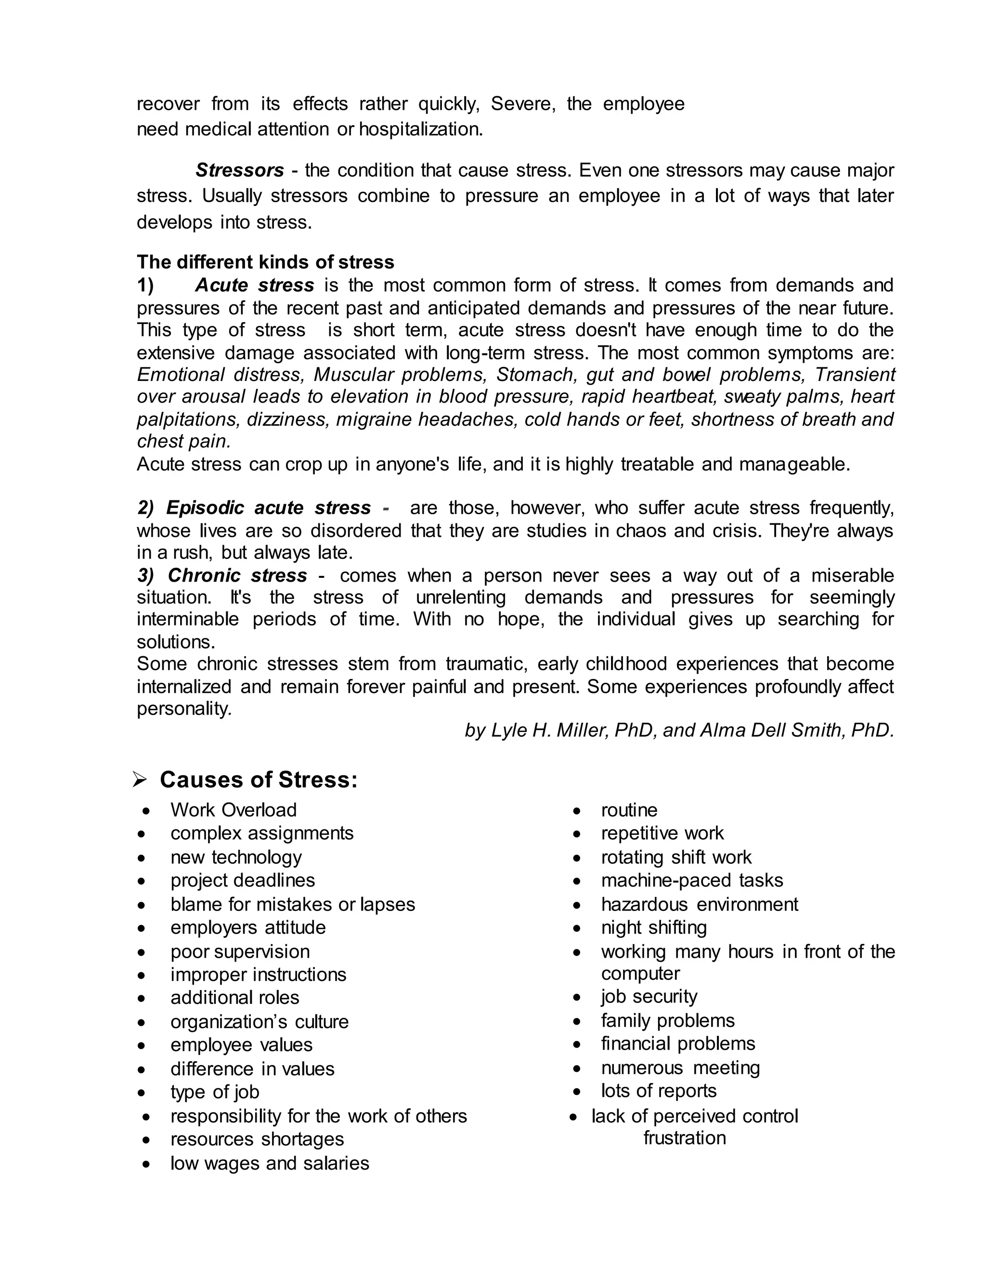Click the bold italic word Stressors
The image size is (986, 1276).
[239, 170]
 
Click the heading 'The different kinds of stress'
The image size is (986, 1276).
[265, 262]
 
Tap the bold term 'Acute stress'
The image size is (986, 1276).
[255, 285]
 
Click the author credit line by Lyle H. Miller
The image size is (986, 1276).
[679, 730]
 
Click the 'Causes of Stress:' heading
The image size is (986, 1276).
[258, 780]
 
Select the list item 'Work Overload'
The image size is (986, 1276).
[233, 810]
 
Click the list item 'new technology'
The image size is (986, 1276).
[236, 857]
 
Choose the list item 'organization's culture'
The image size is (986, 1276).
[259, 1021]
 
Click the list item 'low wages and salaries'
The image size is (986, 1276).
[269, 1163]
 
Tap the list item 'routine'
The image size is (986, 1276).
[629, 810]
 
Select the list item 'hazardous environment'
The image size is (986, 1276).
[699, 904]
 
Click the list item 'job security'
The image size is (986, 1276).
[649, 996]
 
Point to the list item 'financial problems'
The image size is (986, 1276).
[677, 1043]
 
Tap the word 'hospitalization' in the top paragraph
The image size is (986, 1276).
[421, 129]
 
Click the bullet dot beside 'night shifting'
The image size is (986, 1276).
[577, 928]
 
